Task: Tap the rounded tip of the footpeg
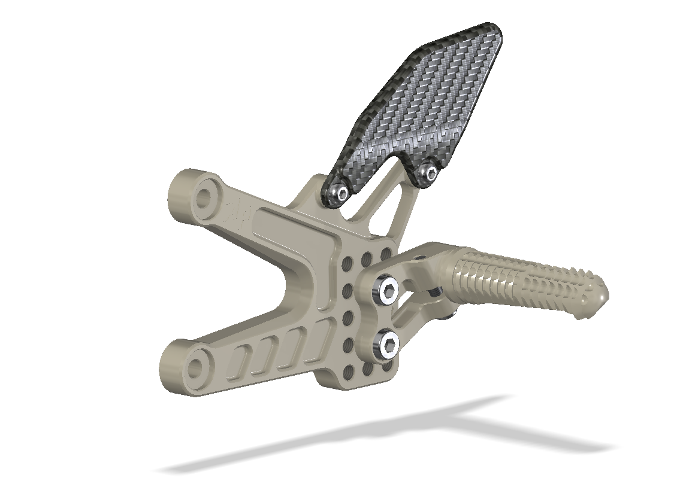pyautogui.click(x=601, y=294)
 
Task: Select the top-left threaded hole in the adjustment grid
pyautogui.click(x=347, y=264)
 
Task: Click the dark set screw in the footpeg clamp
pyautogui.click(x=436, y=291)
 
